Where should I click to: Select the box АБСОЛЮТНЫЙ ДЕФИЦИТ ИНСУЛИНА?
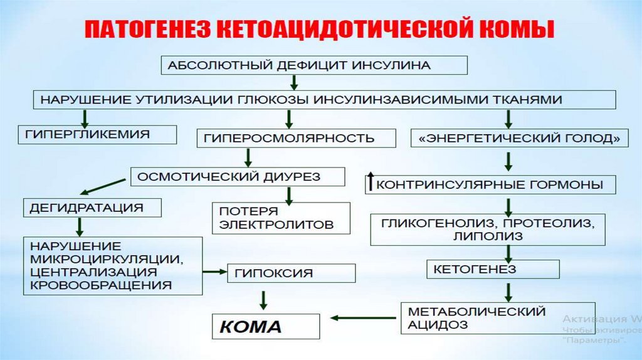(x=314, y=65)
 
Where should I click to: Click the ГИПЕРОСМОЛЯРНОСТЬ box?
(x=297, y=138)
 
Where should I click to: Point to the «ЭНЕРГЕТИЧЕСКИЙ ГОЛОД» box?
(x=520, y=138)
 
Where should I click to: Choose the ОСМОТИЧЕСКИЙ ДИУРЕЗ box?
(x=238, y=177)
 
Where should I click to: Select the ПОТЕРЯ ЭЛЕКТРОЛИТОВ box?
(x=281, y=218)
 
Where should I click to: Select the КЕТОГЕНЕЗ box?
(x=493, y=269)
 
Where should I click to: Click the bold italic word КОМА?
(x=250, y=327)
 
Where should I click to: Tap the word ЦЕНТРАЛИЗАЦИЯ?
(x=92, y=272)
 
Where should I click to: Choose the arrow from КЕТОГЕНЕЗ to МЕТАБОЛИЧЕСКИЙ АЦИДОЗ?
(x=508, y=290)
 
